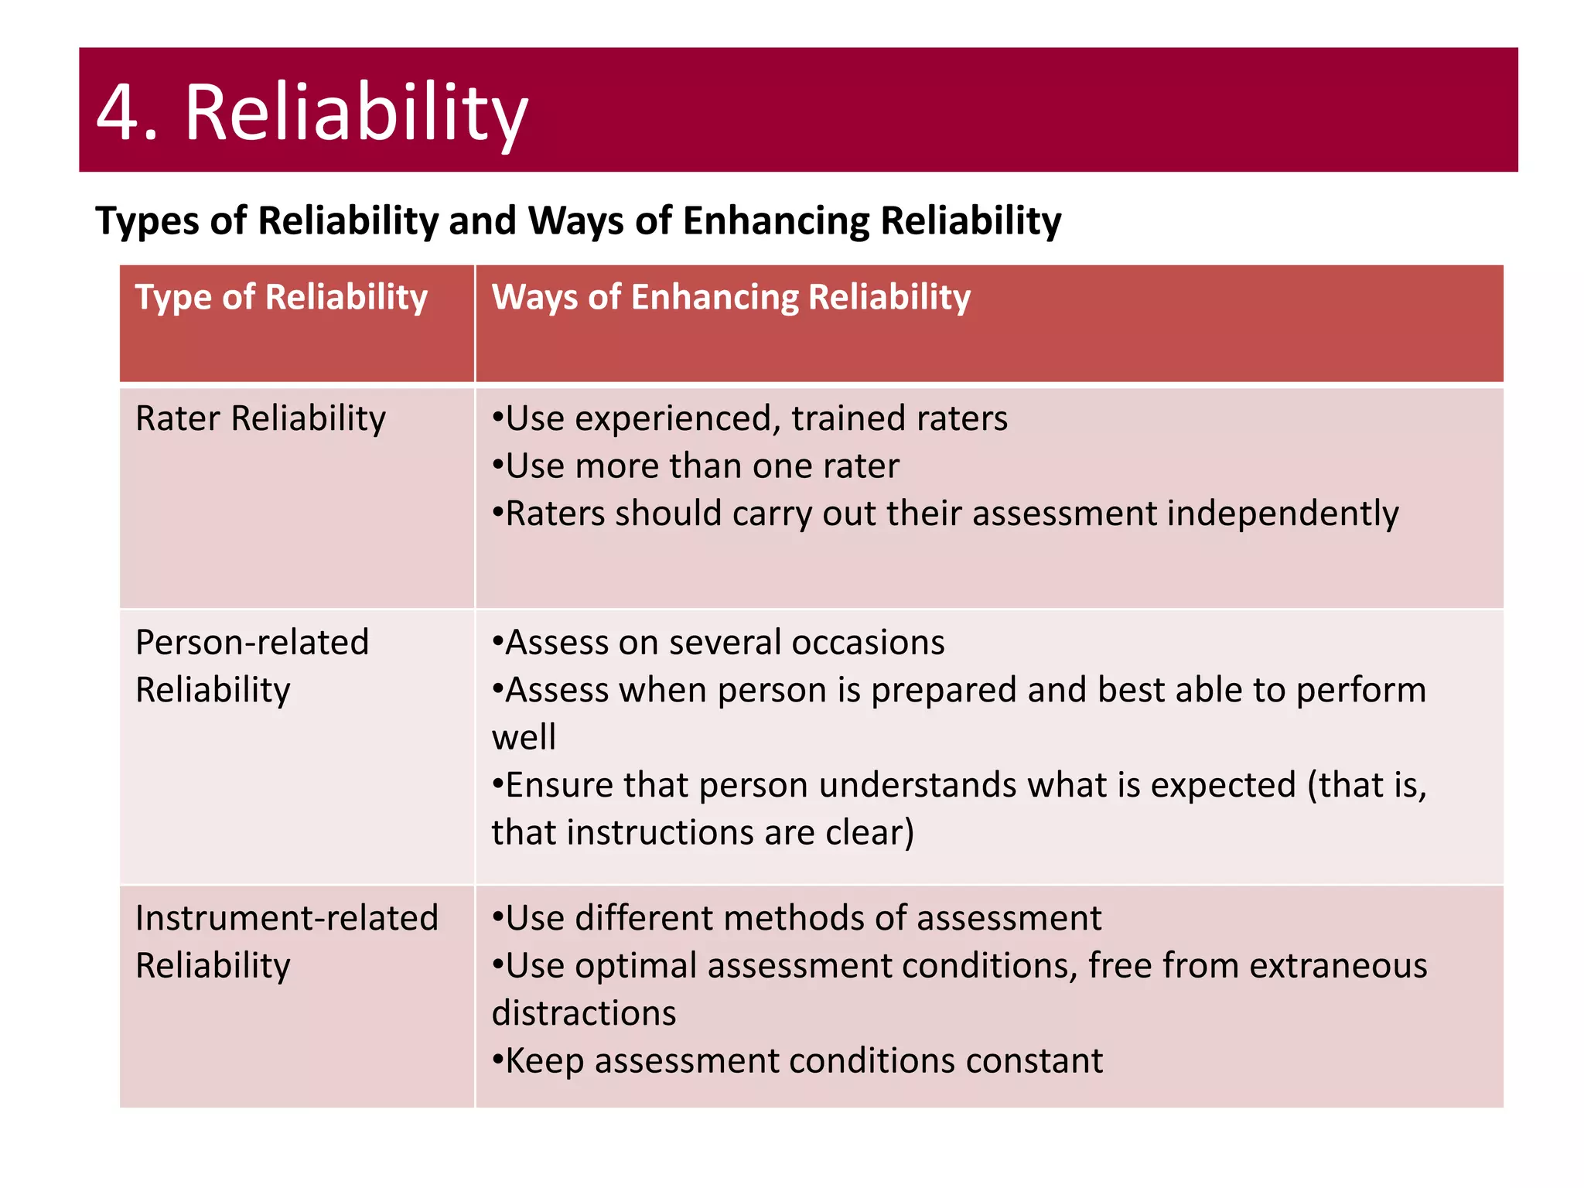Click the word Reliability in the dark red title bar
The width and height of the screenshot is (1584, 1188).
(x=356, y=113)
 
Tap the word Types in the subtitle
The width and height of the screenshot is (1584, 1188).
(x=146, y=221)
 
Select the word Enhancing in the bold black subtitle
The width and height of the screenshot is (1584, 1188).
(x=776, y=221)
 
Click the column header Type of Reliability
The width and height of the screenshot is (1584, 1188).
(x=282, y=297)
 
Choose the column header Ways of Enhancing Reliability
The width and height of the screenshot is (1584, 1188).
(x=731, y=297)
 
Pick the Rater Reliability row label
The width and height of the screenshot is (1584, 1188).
(x=261, y=418)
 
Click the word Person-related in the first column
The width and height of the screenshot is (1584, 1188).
(x=252, y=642)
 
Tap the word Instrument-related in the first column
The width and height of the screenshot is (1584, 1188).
(x=287, y=918)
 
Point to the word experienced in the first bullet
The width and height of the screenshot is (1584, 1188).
(x=678, y=418)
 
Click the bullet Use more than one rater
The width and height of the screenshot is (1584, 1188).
(x=696, y=466)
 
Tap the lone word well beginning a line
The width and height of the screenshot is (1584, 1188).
(x=524, y=737)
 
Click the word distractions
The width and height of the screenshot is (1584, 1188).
(x=584, y=1014)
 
